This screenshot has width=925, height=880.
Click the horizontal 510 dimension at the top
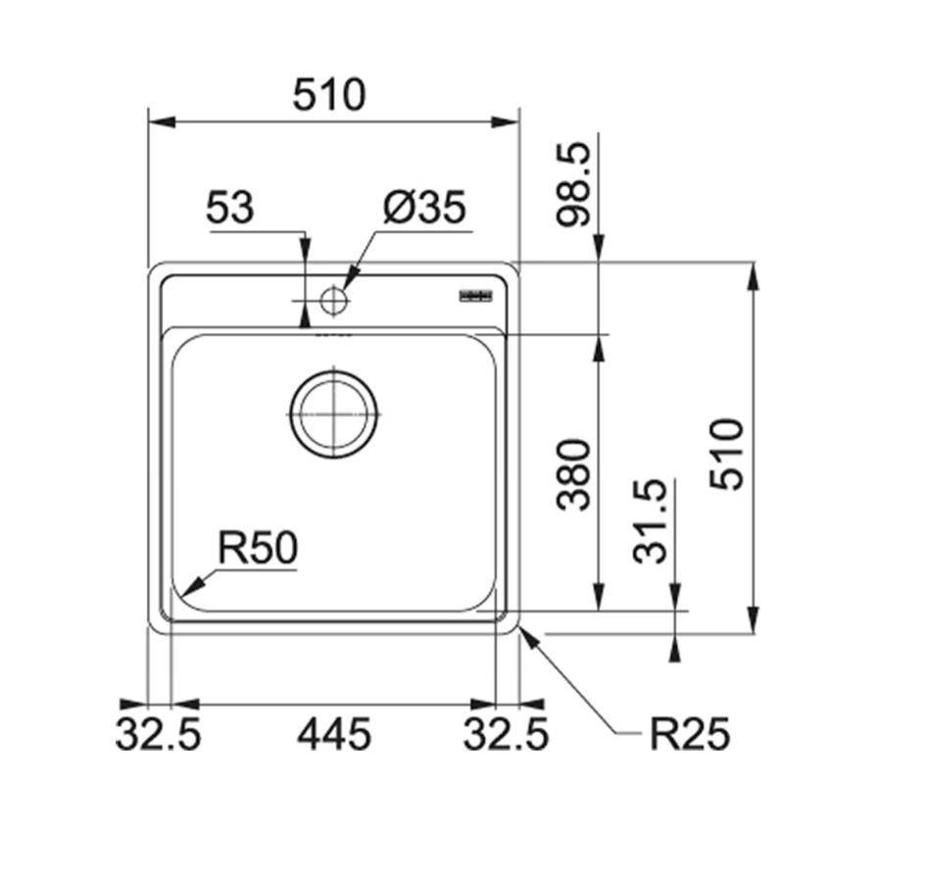(329, 95)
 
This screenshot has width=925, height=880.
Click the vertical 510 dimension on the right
(726, 454)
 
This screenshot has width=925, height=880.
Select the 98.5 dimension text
(573, 183)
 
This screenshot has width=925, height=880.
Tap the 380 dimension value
(573, 474)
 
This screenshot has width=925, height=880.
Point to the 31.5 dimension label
(650, 521)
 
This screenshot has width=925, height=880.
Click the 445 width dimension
(334, 735)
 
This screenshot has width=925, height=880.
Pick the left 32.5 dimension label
(158, 735)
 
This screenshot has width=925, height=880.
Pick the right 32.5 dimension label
(507, 735)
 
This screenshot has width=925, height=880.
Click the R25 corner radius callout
(690, 735)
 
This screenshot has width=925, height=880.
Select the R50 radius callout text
(258, 548)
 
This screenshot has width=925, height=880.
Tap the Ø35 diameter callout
(424, 208)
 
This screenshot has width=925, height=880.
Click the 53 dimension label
(230, 208)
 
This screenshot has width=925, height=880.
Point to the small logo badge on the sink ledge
(476, 296)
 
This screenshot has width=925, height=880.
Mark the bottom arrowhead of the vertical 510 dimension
(754, 620)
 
